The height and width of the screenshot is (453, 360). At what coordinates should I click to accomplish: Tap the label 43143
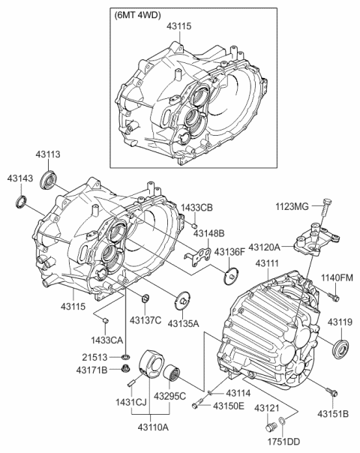(x=19, y=179)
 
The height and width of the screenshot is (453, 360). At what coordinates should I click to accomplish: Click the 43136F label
(x=229, y=252)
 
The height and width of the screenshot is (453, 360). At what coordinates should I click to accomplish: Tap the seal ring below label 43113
(x=51, y=178)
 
